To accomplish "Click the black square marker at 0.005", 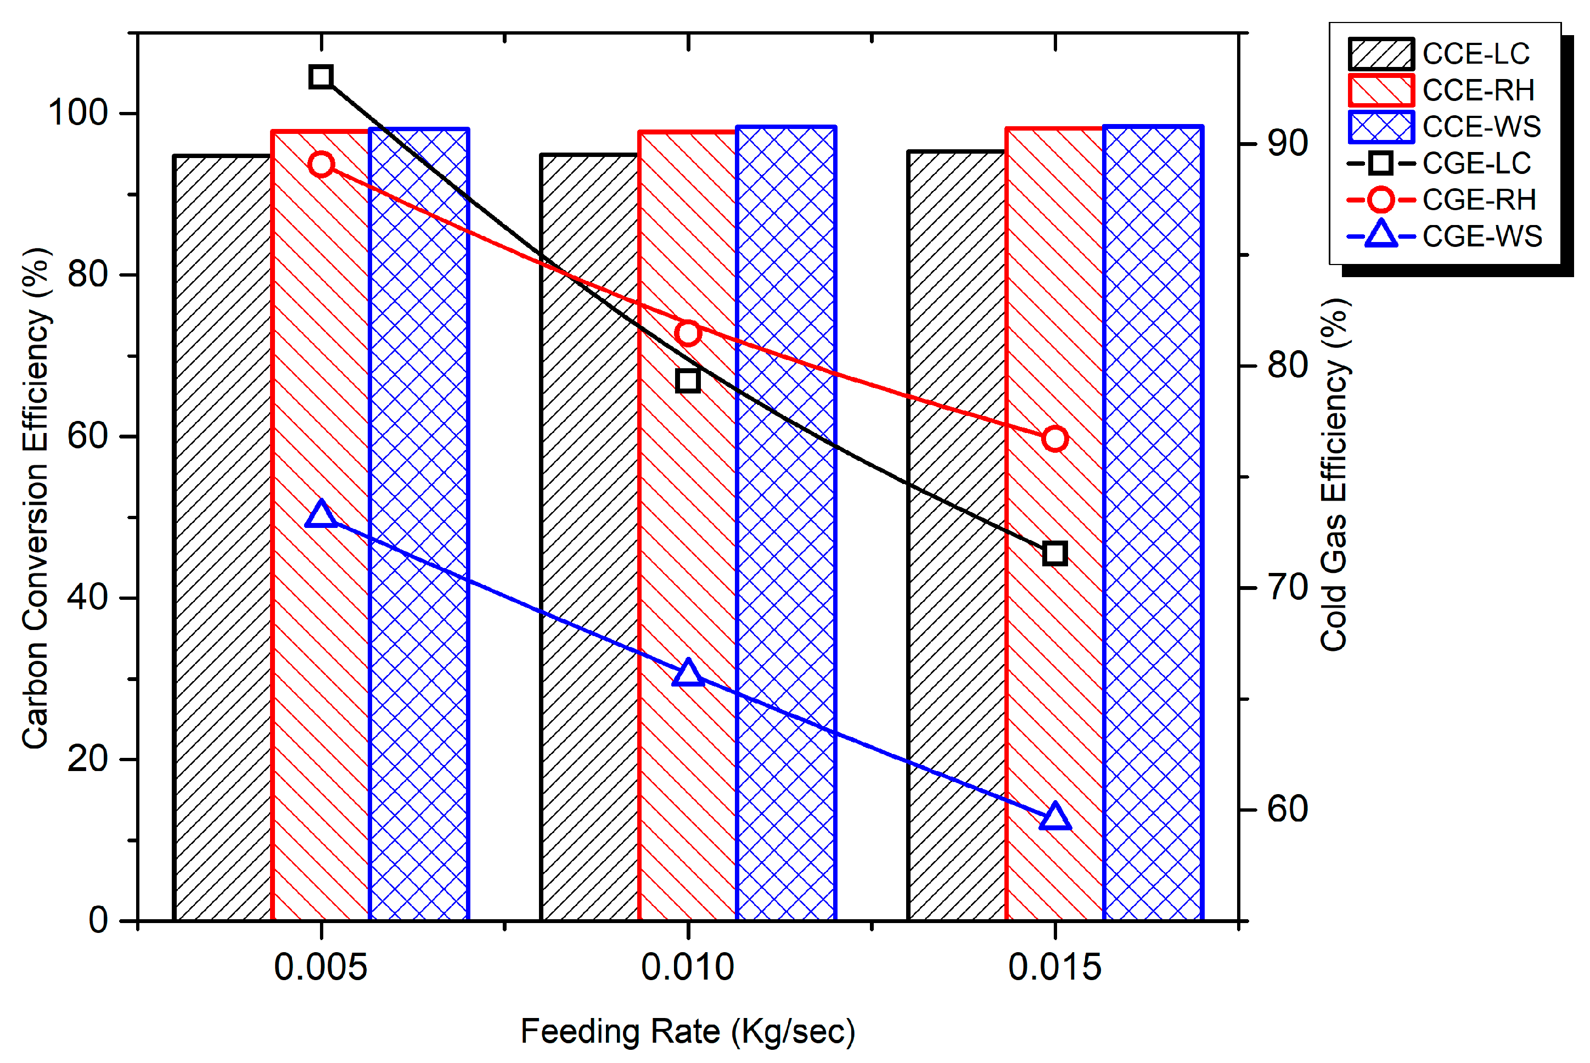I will tap(321, 77).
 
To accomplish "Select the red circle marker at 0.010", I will tap(688, 333).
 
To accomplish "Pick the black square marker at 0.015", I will tap(1055, 554).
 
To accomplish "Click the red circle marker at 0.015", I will tap(1055, 439).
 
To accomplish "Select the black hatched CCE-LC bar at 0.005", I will tap(222, 542).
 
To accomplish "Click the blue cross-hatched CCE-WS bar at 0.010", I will tap(786, 529).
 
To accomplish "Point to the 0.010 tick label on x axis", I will tap(688, 968).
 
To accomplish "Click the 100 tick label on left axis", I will tap(78, 113).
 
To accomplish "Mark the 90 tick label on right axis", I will tap(1287, 144).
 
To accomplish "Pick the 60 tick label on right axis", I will tap(1287, 809).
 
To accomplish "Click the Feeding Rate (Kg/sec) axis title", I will tap(688, 1032).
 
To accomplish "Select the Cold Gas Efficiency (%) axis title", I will tap(1334, 475).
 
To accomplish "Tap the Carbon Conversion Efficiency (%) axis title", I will tap(35, 498).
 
